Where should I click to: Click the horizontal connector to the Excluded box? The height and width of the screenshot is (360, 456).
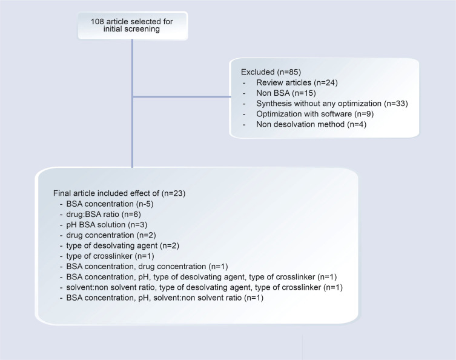coord(181,96)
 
